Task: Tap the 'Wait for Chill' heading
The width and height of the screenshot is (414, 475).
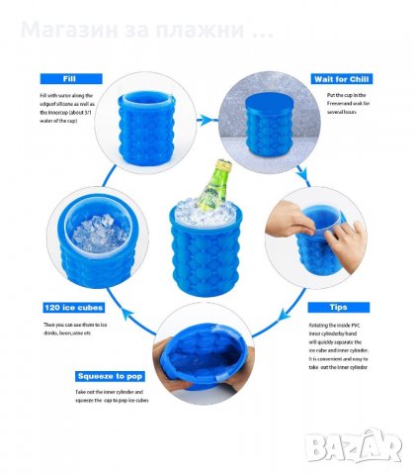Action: pyautogui.click(x=341, y=79)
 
